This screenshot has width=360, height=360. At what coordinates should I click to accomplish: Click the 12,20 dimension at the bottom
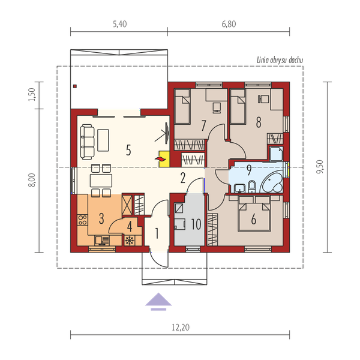[181, 327]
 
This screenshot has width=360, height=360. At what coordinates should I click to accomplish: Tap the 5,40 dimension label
[120, 24]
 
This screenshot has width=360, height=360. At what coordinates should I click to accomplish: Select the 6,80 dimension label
[229, 24]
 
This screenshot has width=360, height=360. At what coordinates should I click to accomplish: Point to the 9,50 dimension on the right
[320, 167]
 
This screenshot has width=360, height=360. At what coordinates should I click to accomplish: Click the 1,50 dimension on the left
[31, 94]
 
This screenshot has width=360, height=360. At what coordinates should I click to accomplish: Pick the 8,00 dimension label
[32, 180]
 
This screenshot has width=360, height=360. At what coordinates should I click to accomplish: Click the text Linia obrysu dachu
[280, 60]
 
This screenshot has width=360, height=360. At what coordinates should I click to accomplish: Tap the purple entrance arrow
[158, 301]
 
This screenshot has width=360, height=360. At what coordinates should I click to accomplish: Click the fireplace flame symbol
[161, 158]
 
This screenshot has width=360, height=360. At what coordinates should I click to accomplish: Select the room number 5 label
[128, 150]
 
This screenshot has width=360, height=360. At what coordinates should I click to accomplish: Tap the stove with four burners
[82, 220]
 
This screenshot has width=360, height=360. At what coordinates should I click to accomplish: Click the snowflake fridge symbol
[130, 241]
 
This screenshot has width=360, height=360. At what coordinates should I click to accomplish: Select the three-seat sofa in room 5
[87, 142]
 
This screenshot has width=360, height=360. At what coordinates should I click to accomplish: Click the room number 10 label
[196, 224]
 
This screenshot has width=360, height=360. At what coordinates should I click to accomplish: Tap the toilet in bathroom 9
[252, 187]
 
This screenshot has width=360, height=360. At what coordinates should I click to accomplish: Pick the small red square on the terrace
[74, 86]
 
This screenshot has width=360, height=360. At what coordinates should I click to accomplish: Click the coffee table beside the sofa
[103, 140]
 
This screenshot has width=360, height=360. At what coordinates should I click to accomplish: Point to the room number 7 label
[203, 125]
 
